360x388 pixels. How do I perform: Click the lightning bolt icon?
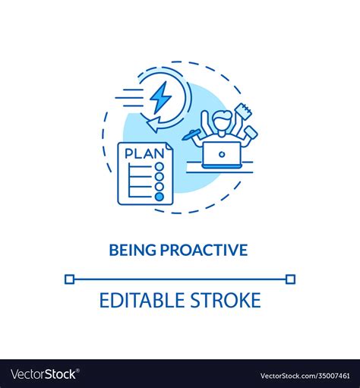160,97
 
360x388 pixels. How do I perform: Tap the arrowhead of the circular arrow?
153,124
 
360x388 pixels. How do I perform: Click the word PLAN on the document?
144,153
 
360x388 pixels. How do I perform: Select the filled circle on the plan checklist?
159,197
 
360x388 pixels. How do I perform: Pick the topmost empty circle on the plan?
159,166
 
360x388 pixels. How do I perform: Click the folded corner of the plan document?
169,147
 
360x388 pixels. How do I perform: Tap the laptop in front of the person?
222,155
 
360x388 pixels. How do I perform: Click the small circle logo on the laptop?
222,154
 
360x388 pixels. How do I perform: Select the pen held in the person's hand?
193,134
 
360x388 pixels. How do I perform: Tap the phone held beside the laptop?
251,133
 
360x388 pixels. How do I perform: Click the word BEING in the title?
133,250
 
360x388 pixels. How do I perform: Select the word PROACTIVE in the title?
204,250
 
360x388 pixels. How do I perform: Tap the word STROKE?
226,300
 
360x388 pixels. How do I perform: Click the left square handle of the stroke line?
69,279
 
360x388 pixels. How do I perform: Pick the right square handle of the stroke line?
290,279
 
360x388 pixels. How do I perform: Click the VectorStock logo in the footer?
45,374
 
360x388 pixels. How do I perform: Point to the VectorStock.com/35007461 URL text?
305,376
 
